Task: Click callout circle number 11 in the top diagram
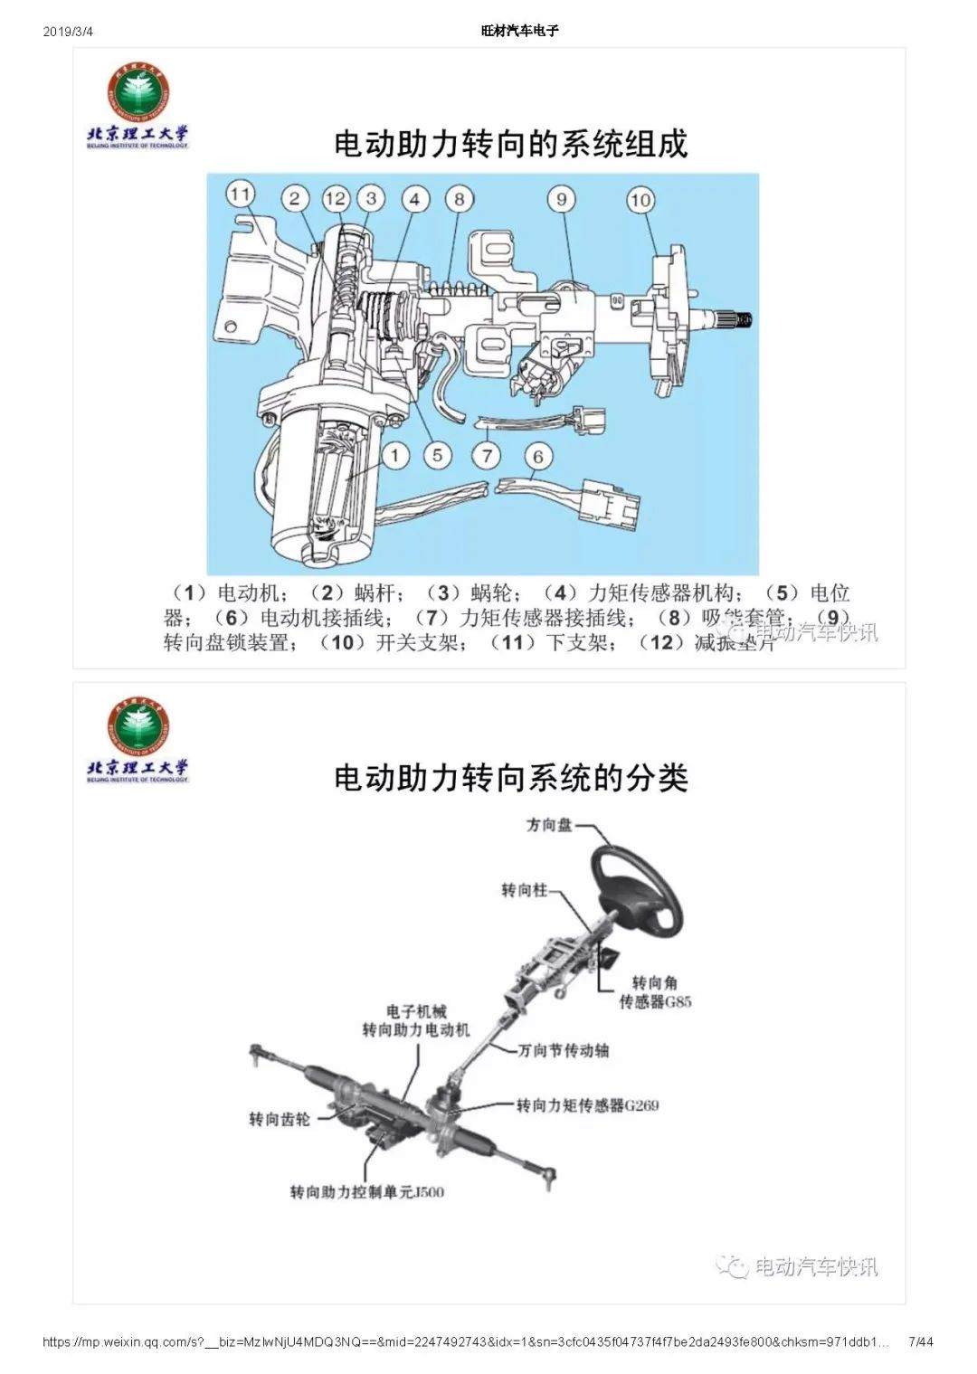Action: [x=240, y=194]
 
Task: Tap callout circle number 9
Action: [x=562, y=200]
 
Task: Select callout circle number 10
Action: [x=640, y=200]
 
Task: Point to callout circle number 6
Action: [x=538, y=457]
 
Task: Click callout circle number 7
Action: [x=488, y=455]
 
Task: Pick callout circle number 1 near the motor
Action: [x=394, y=455]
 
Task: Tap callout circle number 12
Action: [x=336, y=199]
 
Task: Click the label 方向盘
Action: [x=549, y=825]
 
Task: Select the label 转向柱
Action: [x=524, y=890]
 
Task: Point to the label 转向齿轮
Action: [x=279, y=1119]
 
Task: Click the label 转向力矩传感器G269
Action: [x=587, y=1104]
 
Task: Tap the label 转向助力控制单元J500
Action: [x=366, y=1191]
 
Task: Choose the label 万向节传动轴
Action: [x=563, y=1050]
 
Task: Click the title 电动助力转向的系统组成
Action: [x=511, y=144]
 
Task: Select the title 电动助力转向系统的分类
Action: [x=511, y=778]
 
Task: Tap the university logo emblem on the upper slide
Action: [x=138, y=91]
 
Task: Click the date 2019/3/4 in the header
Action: [x=68, y=32]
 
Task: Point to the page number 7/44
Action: [x=920, y=1341]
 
